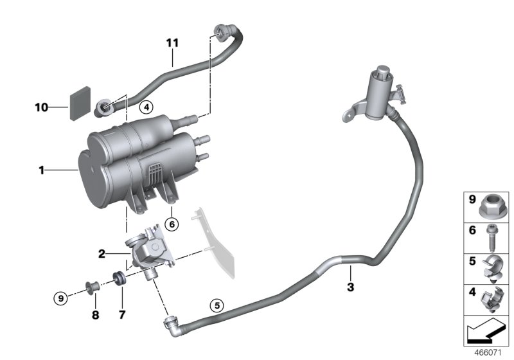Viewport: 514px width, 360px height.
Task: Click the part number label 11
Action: [172, 44]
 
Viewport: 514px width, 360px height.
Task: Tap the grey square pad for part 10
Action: [78, 103]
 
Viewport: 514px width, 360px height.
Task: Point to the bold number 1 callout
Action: [41, 171]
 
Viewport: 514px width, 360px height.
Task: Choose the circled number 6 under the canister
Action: [172, 224]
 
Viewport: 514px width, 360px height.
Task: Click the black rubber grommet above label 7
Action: [119, 278]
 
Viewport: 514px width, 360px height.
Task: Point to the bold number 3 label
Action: [350, 287]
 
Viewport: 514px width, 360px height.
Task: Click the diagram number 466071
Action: [490, 354]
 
